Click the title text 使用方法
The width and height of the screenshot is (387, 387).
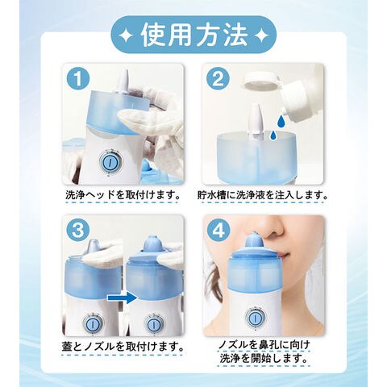click(x=194, y=35)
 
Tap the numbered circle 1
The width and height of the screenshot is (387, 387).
click(x=77, y=79)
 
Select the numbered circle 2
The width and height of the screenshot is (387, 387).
click(x=218, y=79)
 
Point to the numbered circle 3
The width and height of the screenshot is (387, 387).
click(x=77, y=230)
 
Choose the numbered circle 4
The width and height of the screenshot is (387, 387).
click(x=218, y=230)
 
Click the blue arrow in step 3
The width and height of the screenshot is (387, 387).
click(x=123, y=298)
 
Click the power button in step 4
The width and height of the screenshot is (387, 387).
click(x=254, y=318)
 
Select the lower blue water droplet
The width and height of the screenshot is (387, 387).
click(x=273, y=134)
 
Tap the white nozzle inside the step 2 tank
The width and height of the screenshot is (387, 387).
click(x=256, y=123)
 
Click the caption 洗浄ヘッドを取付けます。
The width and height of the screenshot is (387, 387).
click(x=123, y=194)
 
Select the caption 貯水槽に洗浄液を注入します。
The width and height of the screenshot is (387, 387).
click(x=263, y=194)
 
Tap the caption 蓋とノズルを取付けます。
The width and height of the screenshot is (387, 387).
click(x=123, y=347)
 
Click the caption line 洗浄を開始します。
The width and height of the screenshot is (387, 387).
click(x=264, y=358)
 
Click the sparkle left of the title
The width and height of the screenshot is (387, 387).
click(x=127, y=35)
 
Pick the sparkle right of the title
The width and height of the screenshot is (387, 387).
click(x=260, y=35)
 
